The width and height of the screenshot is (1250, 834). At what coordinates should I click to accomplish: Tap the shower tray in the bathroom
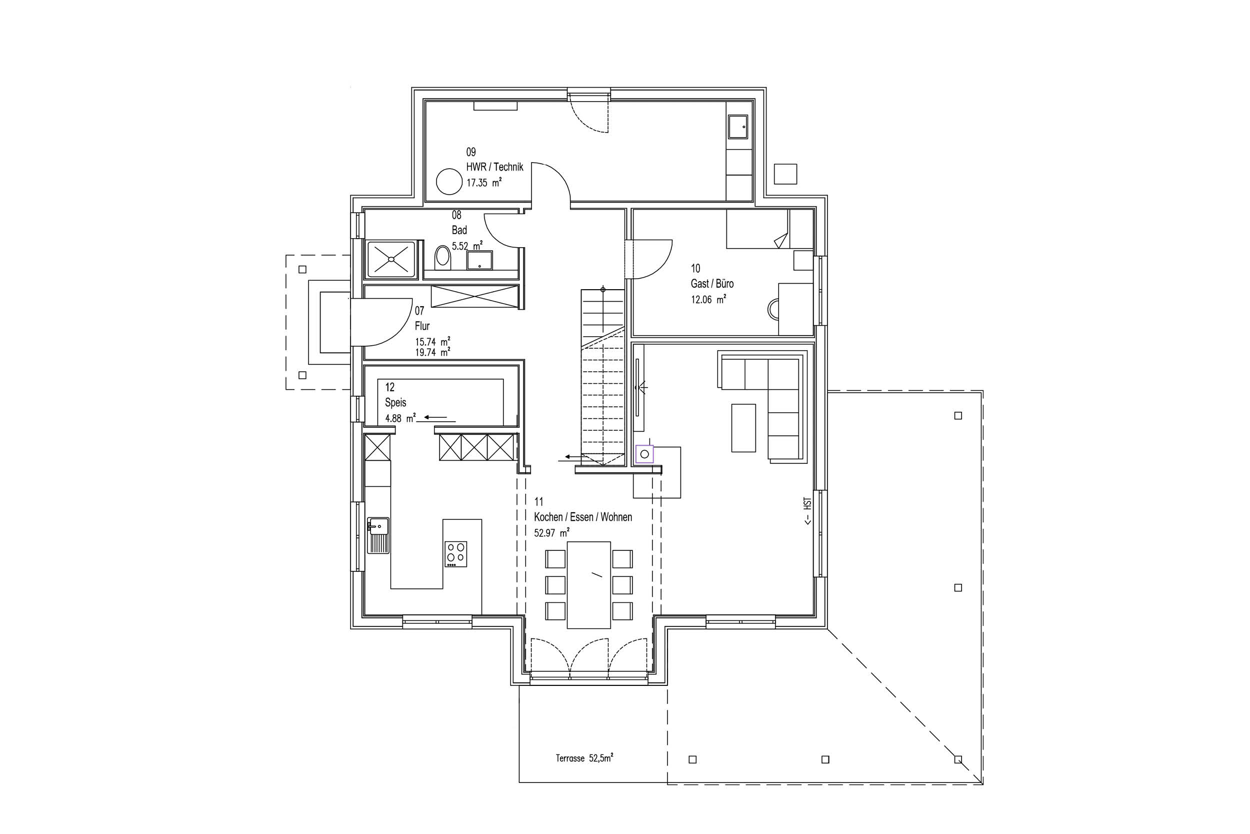(x=391, y=259)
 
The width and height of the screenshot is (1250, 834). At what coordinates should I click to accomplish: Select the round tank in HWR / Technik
(x=449, y=182)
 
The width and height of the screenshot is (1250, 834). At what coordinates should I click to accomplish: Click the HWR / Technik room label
(x=494, y=167)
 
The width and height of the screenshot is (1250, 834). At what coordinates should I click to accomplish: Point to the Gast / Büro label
(x=712, y=284)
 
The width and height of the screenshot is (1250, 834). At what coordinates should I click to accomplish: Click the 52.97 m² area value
(x=551, y=532)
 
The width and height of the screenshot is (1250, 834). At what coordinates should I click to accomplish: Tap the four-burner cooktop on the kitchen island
(x=456, y=554)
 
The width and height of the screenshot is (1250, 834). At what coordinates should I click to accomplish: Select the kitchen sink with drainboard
(x=378, y=535)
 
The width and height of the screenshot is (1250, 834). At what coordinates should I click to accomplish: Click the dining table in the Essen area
(x=589, y=584)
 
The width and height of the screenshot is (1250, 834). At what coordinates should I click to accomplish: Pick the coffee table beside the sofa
(x=743, y=428)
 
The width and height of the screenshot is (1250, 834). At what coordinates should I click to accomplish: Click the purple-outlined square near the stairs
(x=644, y=454)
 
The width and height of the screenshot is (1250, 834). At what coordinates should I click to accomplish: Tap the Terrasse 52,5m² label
(x=584, y=758)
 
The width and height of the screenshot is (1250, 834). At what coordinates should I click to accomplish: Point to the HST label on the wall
(x=807, y=512)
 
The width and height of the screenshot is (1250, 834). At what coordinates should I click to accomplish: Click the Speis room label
(x=395, y=403)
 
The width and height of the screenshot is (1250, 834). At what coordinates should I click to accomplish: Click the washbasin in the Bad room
(x=480, y=261)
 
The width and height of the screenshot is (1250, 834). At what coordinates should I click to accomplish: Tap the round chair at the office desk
(x=774, y=309)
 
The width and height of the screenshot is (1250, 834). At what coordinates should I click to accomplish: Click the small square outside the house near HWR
(x=785, y=174)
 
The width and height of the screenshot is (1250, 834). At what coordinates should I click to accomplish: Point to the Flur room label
(x=422, y=326)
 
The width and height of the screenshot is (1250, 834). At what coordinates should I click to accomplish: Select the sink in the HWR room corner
(x=737, y=127)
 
